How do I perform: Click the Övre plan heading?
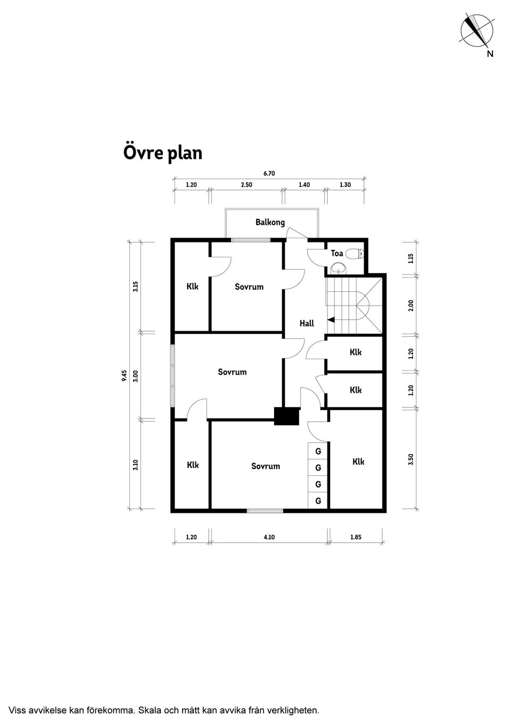[x=162, y=153]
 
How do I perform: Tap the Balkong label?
[x=270, y=222]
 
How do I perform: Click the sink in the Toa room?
[x=338, y=267]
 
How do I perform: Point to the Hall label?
[x=307, y=323]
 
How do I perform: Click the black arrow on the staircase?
[x=331, y=320]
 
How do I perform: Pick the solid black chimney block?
[x=287, y=416]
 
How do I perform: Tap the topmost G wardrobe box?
[x=318, y=451]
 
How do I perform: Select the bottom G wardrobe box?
[x=318, y=501]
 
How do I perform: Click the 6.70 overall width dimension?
[x=269, y=173]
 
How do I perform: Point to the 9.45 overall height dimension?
[x=125, y=375]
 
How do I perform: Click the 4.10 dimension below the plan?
[x=269, y=537]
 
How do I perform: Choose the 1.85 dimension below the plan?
[x=356, y=537]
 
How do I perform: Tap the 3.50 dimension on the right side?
[x=411, y=459]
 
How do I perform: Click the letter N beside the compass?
[x=490, y=54]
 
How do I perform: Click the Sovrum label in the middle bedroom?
[x=232, y=372]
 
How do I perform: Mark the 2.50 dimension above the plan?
[x=246, y=184]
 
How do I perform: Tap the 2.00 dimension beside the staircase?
[x=411, y=305]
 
